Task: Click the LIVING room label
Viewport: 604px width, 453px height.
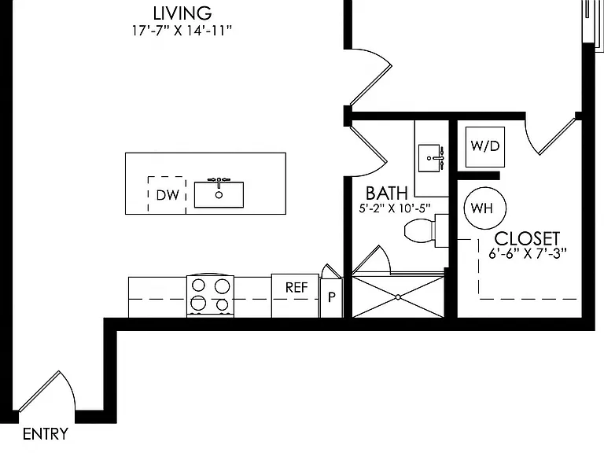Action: click(182, 13)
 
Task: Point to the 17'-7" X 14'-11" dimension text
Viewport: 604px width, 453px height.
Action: click(182, 31)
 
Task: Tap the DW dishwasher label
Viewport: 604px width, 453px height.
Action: click(168, 195)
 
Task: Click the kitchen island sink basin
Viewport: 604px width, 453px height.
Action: click(219, 194)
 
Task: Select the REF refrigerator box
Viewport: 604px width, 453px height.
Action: click(295, 296)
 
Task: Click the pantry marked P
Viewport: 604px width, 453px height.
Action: click(331, 297)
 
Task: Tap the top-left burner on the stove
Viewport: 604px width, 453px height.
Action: click(198, 285)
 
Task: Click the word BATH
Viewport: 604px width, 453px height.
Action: click(386, 193)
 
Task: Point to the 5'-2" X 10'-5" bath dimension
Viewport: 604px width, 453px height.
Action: click(395, 208)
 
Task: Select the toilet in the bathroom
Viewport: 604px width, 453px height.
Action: click(425, 230)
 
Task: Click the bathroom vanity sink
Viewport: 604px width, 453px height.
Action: click(429, 158)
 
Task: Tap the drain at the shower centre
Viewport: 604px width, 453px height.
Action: click(398, 297)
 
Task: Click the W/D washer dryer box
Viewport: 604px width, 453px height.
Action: click(485, 147)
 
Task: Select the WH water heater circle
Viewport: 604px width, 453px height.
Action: click(485, 208)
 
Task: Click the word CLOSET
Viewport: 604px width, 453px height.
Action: click(527, 239)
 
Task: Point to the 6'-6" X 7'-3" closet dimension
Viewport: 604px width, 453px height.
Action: click(528, 254)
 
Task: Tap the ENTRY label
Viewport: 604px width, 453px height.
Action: click(46, 434)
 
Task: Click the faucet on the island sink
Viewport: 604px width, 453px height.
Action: click(219, 182)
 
